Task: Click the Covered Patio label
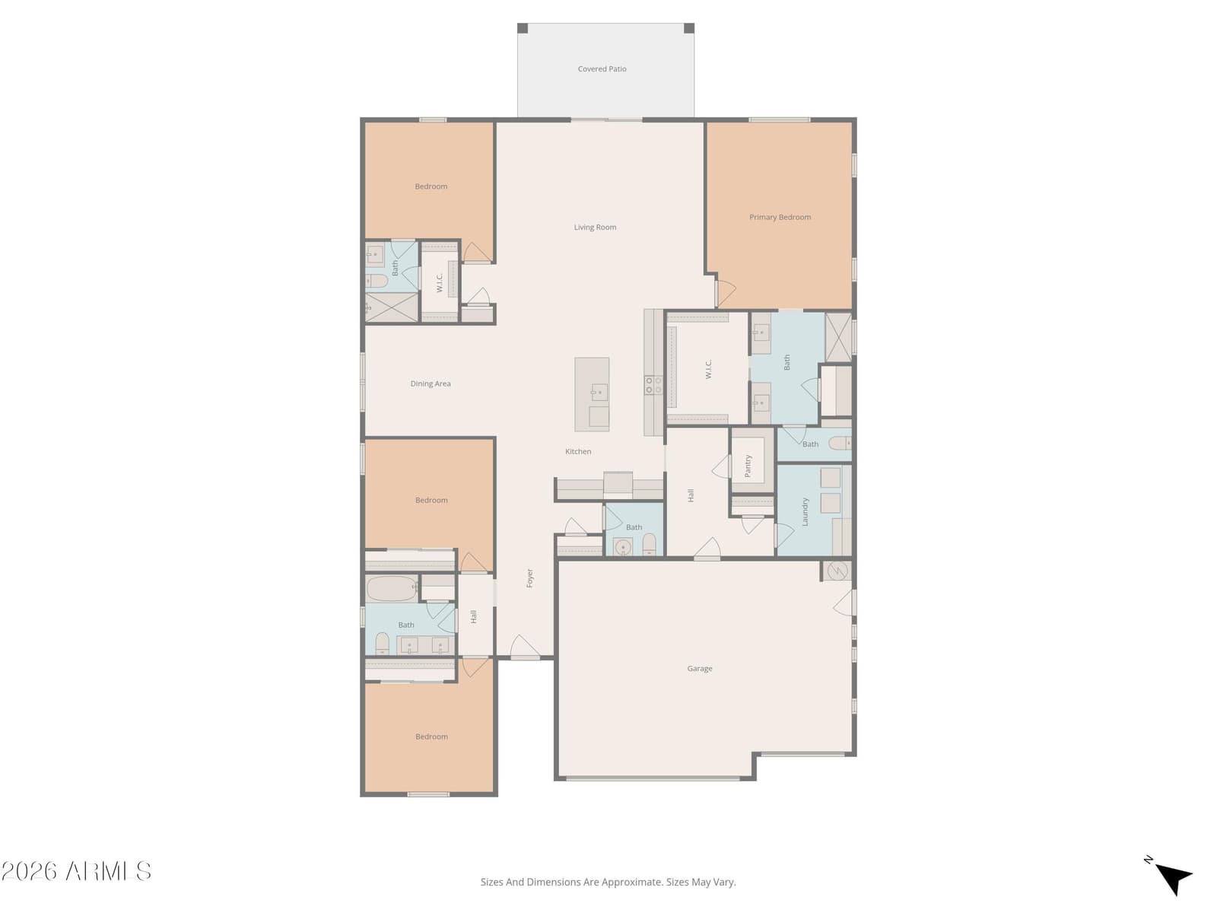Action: point(602,68)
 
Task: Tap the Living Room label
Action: point(595,227)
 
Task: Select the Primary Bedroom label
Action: point(780,218)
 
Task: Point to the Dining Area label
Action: point(431,383)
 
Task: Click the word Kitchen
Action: point(578,452)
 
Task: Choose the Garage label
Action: point(700,669)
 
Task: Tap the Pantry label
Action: point(748,466)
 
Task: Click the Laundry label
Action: point(805,511)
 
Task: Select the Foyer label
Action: point(529,578)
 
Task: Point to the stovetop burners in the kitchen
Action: point(653,385)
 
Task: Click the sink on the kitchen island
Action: point(599,393)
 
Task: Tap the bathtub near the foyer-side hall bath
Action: point(392,588)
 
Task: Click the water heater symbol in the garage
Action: point(837,571)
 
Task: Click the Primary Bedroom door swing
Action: point(726,294)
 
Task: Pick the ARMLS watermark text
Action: point(76,871)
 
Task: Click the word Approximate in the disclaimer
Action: point(631,882)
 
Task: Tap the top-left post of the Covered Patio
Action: point(523,28)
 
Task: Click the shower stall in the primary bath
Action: point(838,338)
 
